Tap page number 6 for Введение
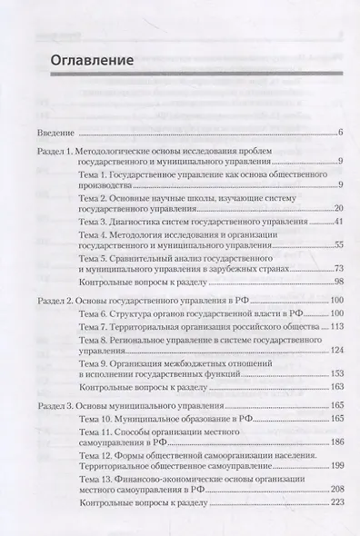[338, 134]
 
